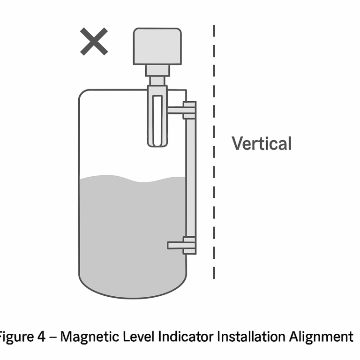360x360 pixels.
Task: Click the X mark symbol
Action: coord(94,41)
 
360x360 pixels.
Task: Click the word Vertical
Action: coord(262,143)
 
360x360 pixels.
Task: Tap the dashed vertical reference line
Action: coord(214,187)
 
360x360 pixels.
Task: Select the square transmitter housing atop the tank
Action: coord(157,46)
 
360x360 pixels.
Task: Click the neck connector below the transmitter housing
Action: coord(157,71)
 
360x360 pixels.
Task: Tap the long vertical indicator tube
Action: coord(190,178)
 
